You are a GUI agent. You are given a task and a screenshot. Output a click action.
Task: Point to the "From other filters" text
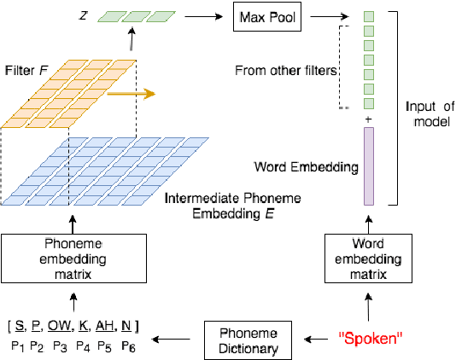point(286,70)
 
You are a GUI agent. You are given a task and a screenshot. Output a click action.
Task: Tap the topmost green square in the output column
point(369,16)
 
